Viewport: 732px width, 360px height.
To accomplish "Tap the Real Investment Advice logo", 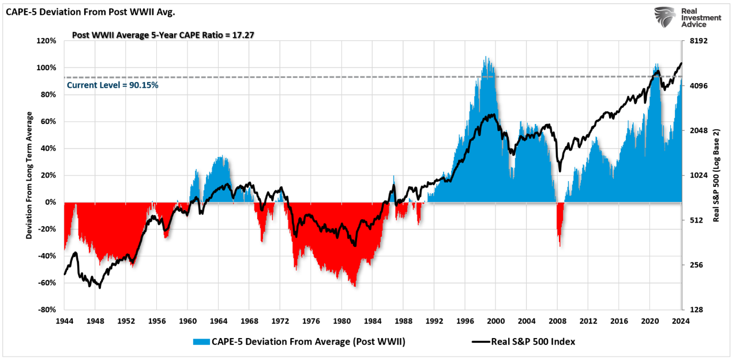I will pyautogui.click(x=688, y=18).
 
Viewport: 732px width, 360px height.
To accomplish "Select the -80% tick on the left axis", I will pyautogui.click(x=47, y=310).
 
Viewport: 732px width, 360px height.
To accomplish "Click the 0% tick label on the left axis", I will pyautogui.click(x=51, y=202).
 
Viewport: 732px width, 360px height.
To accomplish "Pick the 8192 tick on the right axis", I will pyautogui.click(x=695, y=41).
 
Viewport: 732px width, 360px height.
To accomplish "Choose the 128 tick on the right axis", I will pyautogui.click(x=693, y=310).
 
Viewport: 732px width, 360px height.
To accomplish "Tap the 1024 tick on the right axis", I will pyautogui.click(x=695, y=175).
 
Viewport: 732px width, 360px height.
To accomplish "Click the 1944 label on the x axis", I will pyautogui.click(x=64, y=321).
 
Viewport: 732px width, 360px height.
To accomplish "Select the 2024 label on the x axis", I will pyautogui.click(x=681, y=321).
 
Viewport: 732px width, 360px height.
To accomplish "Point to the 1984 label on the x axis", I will pyautogui.click(x=373, y=321).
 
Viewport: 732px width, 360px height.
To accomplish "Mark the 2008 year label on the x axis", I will pyautogui.click(x=558, y=321).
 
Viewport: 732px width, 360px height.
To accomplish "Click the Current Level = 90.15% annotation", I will pyautogui.click(x=112, y=85).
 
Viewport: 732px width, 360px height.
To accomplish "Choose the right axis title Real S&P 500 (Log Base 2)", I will pyautogui.click(x=716, y=175).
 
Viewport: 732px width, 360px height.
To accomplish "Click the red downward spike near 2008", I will pyautogui.click(x=559, y=228).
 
